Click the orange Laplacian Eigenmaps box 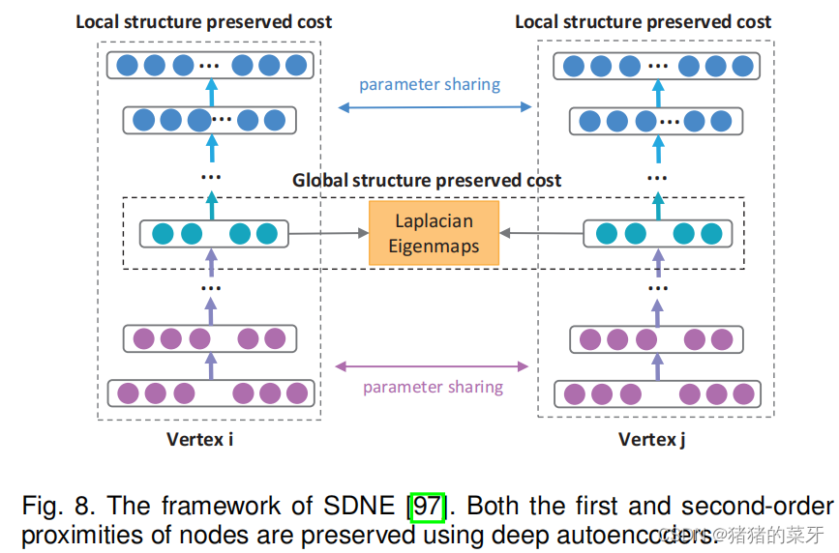pyautogui.click(x=434, y=233)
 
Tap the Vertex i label pyautogui.click(x=199, y=440)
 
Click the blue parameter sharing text pyautogui.click(x=430, y=84)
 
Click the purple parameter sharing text pyautogui.click(x=433, y=387)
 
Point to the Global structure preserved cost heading pyautogui.click(x=427, y=181)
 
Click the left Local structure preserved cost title pyautogui.click(x=204, y=21)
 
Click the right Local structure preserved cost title pyautogui.click(x=644, y=21)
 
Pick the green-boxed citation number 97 pyautogui.click(x=427, y=507)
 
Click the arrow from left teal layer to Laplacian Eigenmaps pyautogui.click(x=329, y=234)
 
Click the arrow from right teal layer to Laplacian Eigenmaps pyautogui.click(x=540, y=234)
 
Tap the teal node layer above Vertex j pyautogui.click(x=658, y=234)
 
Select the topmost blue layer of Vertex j pyautogui.click(x=657, y=67)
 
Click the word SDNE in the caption pyautogui.click(x=360, y=507)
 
